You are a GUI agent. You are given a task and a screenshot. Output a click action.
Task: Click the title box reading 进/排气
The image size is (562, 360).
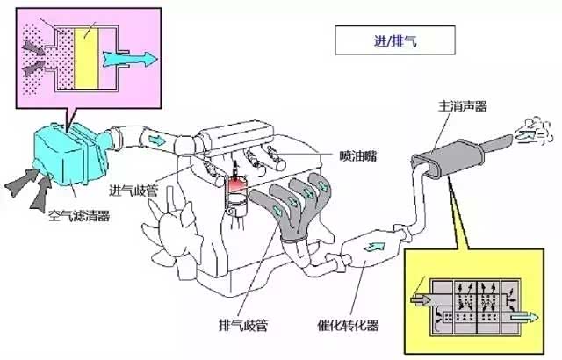coord(383,40)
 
